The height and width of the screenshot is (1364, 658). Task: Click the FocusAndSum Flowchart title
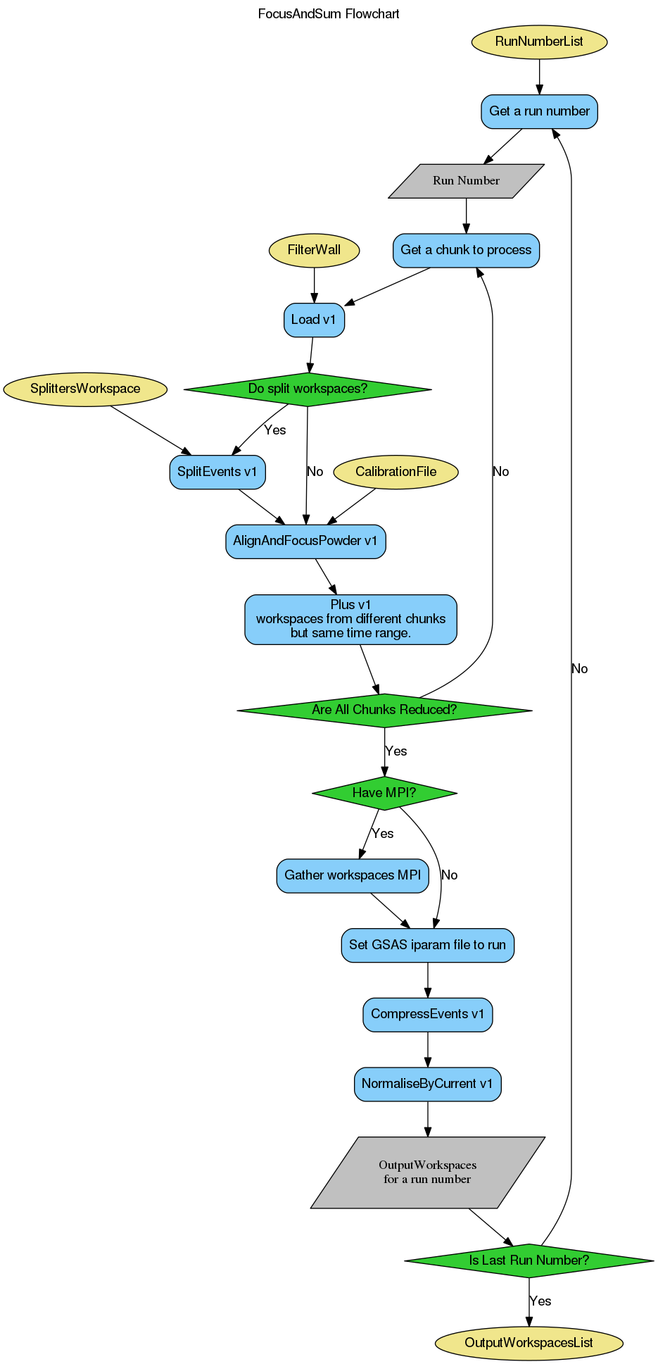point(329,14)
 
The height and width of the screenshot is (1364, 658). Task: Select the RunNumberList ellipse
point(539,42)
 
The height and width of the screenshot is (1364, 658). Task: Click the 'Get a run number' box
point(539,111)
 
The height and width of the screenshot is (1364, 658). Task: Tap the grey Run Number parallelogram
point(466,181)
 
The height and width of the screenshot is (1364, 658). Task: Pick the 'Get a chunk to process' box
point(466,250)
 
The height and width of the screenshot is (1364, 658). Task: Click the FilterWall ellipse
point(314,250)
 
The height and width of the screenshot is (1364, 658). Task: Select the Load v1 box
point(314,320)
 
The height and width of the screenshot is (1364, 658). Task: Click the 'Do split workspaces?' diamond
point(308,389)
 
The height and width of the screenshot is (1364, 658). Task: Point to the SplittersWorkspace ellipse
point(85,389)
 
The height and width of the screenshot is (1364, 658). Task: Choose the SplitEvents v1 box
point(217,472)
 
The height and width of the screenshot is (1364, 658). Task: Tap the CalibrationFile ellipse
point(396,472)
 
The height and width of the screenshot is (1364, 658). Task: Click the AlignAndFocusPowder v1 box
point(305,542)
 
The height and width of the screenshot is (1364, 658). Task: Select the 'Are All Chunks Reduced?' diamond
point(384,710)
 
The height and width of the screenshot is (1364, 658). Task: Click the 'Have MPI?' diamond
point(384,793)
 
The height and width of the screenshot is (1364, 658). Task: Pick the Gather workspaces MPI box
point(353,875)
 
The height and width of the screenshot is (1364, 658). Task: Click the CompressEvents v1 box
point(428,1014)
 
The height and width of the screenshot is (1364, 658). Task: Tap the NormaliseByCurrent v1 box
point(428,1084)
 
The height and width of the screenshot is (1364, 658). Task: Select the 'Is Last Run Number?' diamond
point(529,1260)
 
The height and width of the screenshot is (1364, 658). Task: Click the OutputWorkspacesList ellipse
point(529,1343)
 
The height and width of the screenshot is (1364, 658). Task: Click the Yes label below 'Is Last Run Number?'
point(540,1301)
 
